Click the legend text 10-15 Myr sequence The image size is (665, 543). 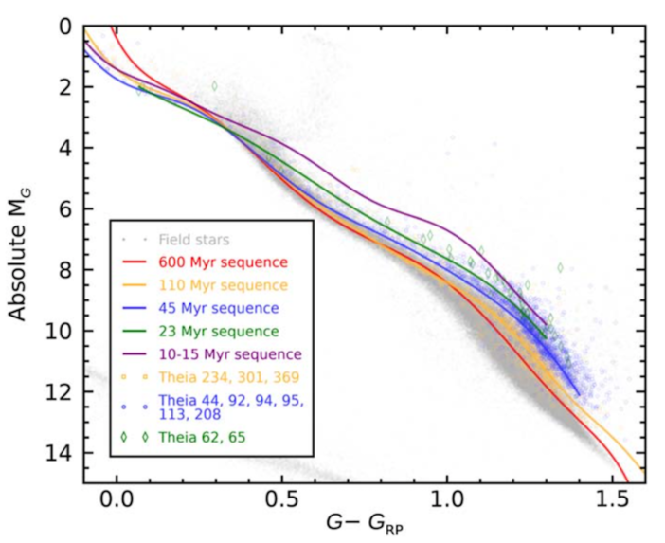pyautogui.click(x=230, y=354)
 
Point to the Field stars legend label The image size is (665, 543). pyautogui.click(x=193, y=239)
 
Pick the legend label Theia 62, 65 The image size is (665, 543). pyautogui.click(x=203, y=437)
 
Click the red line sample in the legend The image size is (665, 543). pyautogui.click(x=135, y=262)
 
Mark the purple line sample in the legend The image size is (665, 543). pyautogui.click(x=135, y=354)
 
